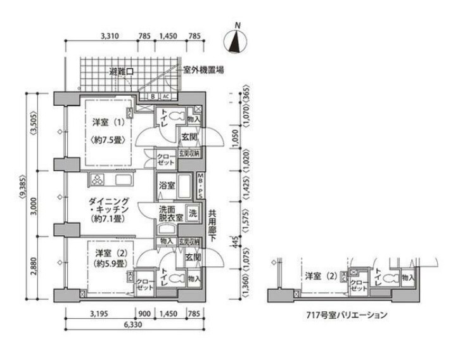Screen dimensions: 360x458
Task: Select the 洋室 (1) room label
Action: point(106,122)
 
